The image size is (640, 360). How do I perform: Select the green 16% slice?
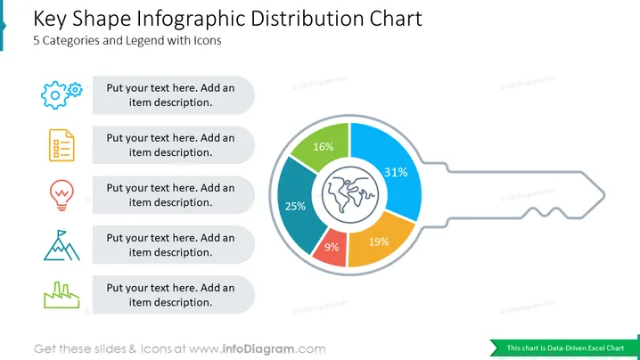point(323,145)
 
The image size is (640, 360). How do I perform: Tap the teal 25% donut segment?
point(296,206)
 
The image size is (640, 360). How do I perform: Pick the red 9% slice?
point(331,248)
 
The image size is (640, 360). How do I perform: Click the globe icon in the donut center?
point(349,195)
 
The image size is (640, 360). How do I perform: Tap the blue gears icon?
point(62,94)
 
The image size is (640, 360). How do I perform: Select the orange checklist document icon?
point(62,145)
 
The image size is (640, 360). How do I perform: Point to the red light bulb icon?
point(62,195)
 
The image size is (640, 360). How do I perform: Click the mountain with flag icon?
point(62,245)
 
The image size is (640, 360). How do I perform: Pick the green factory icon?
point(62,295)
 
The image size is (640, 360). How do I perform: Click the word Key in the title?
point(49,19)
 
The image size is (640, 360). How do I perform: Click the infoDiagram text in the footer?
point(258,349)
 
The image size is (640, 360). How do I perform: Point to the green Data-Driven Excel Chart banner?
point(564,348)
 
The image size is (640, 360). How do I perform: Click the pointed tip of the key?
point(604,195)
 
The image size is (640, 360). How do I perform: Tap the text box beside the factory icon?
point(174,295)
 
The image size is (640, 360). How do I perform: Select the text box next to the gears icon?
point(174,95)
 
